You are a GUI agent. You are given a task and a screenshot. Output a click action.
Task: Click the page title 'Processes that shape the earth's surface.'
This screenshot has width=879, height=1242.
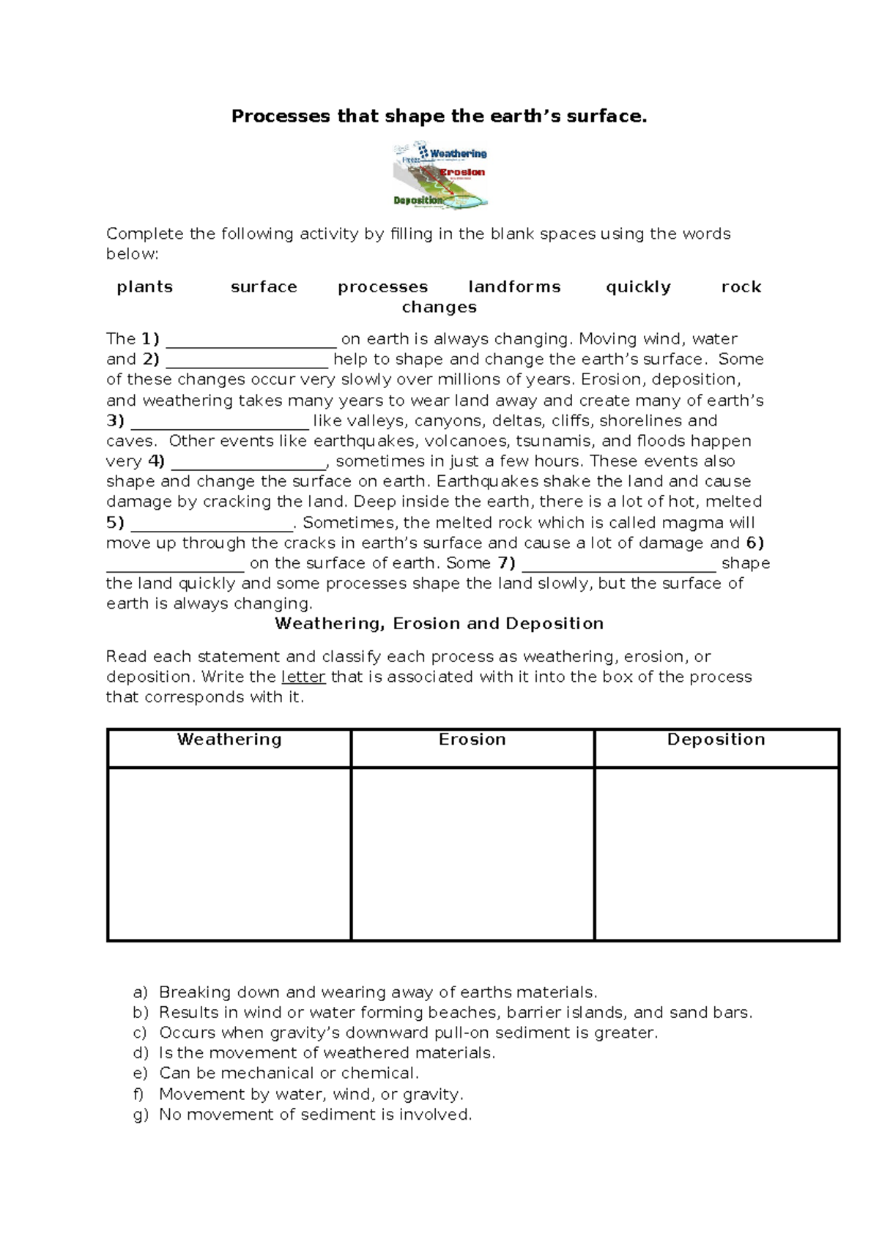point(439,116)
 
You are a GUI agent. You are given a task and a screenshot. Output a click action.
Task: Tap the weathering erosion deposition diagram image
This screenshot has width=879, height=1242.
point(440,176)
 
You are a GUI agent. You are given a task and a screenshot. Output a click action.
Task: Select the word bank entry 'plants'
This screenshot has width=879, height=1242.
point(145,287)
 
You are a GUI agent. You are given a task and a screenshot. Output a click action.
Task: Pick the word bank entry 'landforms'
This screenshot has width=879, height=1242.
point(514,287)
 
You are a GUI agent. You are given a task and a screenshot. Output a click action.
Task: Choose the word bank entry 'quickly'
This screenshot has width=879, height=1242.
point(638,287)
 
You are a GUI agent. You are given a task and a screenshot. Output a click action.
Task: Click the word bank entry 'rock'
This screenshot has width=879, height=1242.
point(741,287)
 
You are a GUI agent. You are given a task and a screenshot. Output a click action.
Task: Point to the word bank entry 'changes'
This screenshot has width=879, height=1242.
point(439,308)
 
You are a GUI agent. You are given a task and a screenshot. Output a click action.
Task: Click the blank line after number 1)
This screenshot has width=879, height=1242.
point(251,341)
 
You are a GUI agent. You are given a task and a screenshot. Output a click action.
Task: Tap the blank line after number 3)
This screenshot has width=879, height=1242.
point(220,423)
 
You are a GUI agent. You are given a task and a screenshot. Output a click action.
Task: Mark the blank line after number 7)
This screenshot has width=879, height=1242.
point(619,565)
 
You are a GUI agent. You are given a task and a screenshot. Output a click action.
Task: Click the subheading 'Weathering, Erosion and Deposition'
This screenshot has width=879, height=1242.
point(439,624)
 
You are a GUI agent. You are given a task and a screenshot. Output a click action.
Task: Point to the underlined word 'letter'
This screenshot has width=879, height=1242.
point(303,677)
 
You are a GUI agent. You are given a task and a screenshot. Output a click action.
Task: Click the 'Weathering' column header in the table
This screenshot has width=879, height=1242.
point(229,740)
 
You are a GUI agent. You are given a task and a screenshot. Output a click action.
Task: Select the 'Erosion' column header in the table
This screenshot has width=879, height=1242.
point(472,740)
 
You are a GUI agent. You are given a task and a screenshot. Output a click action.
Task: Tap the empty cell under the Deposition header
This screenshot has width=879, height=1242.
point(716,854)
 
